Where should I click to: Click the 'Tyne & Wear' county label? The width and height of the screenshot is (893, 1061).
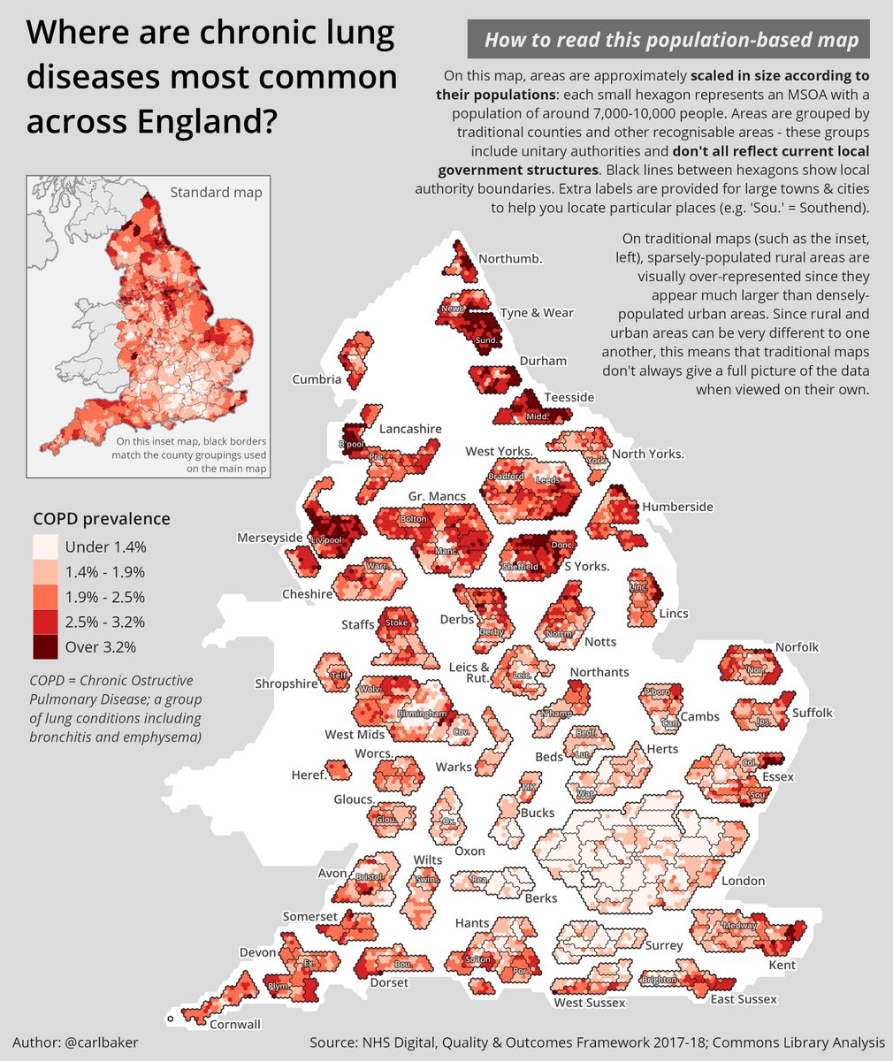coord(537,313)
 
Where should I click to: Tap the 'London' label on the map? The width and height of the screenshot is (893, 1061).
coord(742,882)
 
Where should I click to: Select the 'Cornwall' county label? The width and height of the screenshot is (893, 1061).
coord(235,1025)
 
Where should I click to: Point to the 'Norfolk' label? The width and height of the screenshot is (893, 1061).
coord(797,647)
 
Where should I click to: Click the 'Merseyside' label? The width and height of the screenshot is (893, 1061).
coord(269,538)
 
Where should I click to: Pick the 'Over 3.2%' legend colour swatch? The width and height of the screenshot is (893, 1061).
coord(45,646)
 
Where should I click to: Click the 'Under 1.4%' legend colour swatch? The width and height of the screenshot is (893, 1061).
coord(45,546)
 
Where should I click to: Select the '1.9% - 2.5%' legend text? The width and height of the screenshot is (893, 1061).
coord(104,597)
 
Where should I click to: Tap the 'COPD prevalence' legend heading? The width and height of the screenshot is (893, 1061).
coord(101,519)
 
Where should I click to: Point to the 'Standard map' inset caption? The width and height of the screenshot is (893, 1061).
coord(216,192)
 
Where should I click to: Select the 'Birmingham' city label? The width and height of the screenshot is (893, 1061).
coord(420,714)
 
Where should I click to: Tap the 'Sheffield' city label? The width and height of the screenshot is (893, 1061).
coord(520,567)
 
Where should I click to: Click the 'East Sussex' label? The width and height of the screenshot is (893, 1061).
coord(744,999)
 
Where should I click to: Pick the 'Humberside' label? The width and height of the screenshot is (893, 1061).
coord(677,507)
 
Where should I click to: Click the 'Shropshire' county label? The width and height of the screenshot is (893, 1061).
coord(286,683)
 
